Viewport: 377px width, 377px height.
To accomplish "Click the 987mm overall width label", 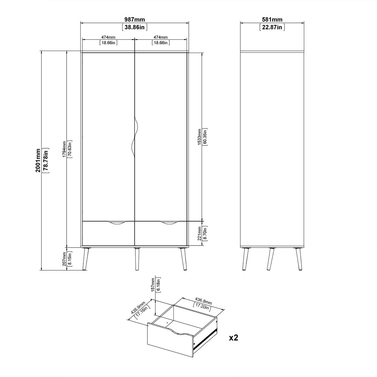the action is pos(134,19).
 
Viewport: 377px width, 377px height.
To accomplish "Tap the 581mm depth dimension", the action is pos(272,19).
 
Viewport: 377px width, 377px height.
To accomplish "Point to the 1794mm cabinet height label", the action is pos(64,149).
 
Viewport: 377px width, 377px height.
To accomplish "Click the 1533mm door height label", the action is pos(199,137).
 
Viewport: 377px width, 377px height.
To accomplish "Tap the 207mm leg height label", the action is pos(64,259).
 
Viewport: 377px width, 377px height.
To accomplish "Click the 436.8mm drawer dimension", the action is pos(203,301).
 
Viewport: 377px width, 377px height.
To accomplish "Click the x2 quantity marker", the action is pos(234,338).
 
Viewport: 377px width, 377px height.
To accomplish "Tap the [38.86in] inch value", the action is pos(134,27).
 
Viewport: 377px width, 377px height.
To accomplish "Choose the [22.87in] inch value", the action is pos(272,27).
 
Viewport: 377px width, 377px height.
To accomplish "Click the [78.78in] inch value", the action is pos(46,161).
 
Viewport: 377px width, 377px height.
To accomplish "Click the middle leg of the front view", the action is pos(137,259).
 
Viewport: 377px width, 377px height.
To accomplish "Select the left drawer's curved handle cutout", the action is pos(117,223).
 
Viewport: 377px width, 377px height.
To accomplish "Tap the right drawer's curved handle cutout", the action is pos(169,223).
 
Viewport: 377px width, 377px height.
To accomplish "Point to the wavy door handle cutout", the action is pos(134,137).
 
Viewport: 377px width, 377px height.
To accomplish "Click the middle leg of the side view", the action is pos(270,259).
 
